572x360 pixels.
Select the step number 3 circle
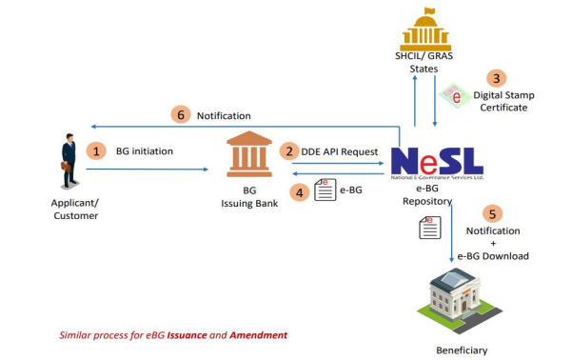click(x=496, y=77)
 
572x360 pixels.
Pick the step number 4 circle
click(x=301, y=191)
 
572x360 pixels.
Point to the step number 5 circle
click(x=490, y=213)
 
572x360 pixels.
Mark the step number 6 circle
click(x=181, y=114)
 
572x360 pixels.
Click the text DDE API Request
click(x=342, y=151)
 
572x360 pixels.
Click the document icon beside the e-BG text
click(x=324, y=190)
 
